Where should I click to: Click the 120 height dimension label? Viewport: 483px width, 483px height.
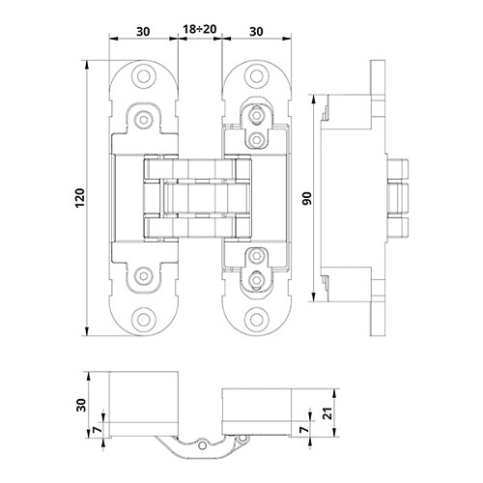click(79, 198)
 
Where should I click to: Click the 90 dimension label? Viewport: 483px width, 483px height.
click(307, 198)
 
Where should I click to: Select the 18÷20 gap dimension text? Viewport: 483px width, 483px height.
click(200, 29)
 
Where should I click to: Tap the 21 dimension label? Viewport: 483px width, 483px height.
click(328, 412)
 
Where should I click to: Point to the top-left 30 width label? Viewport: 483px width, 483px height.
click(143, 32)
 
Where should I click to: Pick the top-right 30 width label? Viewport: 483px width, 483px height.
click(256, 32)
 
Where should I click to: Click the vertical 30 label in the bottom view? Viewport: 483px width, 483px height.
click(81, 405)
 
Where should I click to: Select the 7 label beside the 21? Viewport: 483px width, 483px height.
click(304, 430)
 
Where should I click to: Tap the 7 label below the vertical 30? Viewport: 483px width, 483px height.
click(98, 430)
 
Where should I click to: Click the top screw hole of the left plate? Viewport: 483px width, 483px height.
click(144, 76)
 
